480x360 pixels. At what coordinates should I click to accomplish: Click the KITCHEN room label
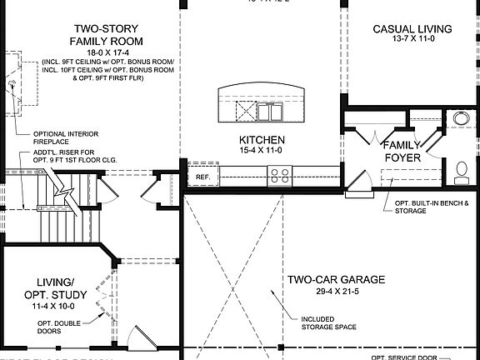(262, 140)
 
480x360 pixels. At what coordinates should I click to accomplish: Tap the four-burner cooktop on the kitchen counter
(279, 176)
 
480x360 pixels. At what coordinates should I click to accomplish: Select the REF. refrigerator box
(202, 177)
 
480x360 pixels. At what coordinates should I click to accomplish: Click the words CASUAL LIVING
(412, 29)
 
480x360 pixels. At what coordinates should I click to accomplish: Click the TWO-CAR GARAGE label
(336, 280)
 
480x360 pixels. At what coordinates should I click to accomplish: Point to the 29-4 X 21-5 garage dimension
(336, 292)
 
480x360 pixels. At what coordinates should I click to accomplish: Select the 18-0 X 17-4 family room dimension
(106, 52)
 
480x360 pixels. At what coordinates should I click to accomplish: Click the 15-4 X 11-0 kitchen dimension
(262, 152)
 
